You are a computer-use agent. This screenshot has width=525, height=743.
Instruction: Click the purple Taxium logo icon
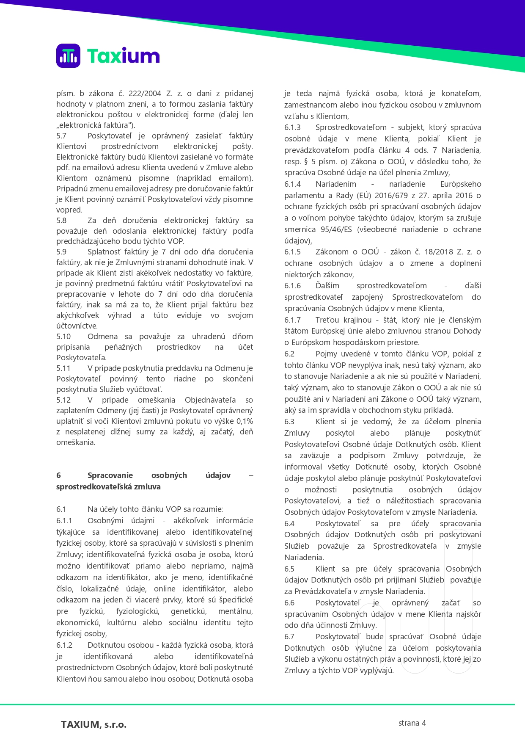tap(68, 55)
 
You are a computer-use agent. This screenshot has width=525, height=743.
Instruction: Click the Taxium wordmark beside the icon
tap(123, 56)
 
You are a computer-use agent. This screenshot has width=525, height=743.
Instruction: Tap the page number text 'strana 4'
tap(412, 723)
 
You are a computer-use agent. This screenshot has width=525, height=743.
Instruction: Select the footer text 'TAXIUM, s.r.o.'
tap(93, 724)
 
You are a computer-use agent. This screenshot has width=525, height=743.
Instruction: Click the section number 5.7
tap(61, 136)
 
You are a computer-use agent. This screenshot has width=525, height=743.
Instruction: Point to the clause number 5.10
tap(63, 337)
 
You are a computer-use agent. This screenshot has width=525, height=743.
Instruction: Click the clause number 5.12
tap(63, 400)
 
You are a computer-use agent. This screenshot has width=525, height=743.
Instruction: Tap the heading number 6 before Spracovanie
tap(58, 475)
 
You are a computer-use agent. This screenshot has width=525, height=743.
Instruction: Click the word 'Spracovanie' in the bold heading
tap(110, 475)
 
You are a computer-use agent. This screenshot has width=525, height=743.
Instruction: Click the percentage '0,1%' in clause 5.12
tap(245, 421)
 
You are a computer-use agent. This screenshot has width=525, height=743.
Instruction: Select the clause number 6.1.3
tap(292, 127)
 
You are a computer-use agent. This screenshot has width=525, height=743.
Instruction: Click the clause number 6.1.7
tap(292, 320)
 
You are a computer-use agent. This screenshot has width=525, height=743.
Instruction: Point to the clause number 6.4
tap(289, 524)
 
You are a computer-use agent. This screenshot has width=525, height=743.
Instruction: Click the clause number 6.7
tap(289, 637)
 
